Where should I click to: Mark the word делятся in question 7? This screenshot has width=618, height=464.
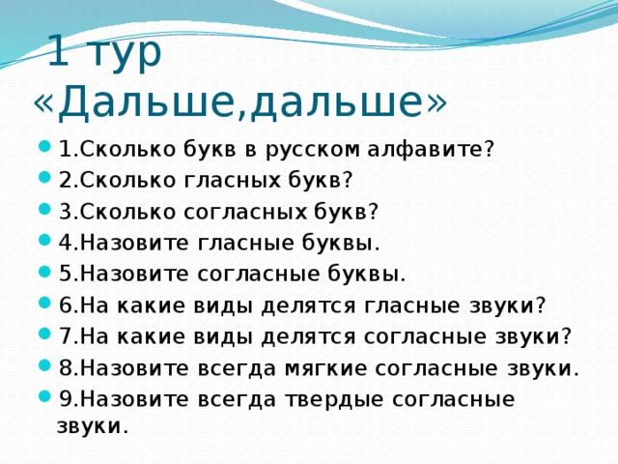pos(311,336)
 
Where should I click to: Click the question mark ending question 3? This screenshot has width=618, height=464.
pos(373,212)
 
